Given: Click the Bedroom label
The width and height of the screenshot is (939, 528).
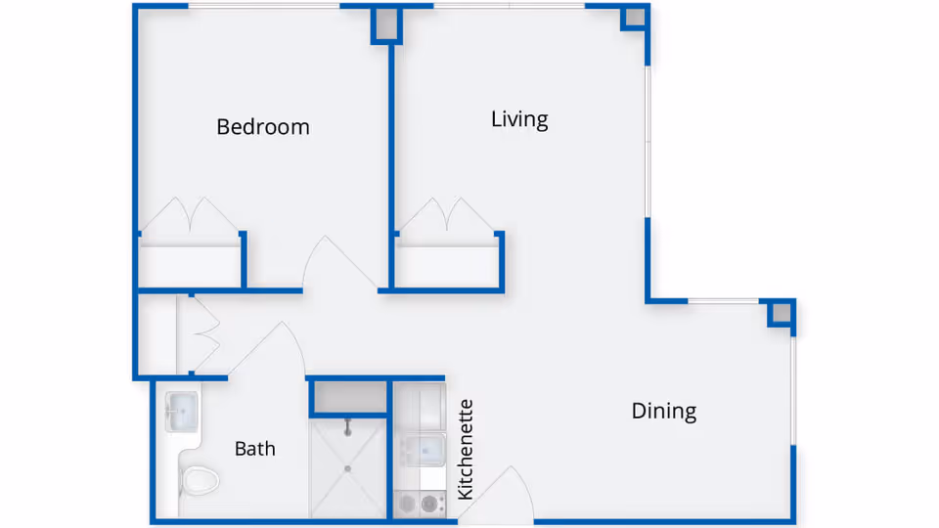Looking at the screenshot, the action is [x=263, y=127].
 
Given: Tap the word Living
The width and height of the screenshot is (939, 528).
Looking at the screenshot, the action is [x=519, y=119].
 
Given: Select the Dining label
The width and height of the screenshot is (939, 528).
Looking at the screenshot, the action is [x=663, y=411].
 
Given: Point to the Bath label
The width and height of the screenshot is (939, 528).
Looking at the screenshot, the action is [x=255, y=449].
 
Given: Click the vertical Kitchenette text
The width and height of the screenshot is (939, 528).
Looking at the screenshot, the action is [x=466, y=450].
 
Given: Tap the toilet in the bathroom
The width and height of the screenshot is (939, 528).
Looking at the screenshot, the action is [x=200, y=480].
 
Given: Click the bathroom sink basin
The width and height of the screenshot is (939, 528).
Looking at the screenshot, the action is [x=181, y=412].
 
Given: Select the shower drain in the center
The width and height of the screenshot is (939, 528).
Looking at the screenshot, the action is [x=348, y=468].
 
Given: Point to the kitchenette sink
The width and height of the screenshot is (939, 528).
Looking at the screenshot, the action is [x=423, y=449].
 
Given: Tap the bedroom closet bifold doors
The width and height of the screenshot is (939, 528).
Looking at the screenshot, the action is [x=189, y=215].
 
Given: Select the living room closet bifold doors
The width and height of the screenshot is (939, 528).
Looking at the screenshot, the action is [x=446, y=215].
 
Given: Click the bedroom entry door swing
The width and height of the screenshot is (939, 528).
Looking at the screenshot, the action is [x=339, y=262].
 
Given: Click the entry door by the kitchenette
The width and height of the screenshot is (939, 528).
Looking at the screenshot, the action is [x=496, y=494].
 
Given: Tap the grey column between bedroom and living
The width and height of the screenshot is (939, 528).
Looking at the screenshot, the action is [x=387, y=23].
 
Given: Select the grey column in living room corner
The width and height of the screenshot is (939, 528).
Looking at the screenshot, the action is [x=635, y=18].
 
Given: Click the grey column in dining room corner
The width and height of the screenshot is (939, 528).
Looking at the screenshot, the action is [x=781, y=313].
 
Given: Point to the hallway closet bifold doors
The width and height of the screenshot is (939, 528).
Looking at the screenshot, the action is [x=205, y=335].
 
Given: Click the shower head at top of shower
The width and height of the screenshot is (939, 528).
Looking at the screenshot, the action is [x=348, y=427].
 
